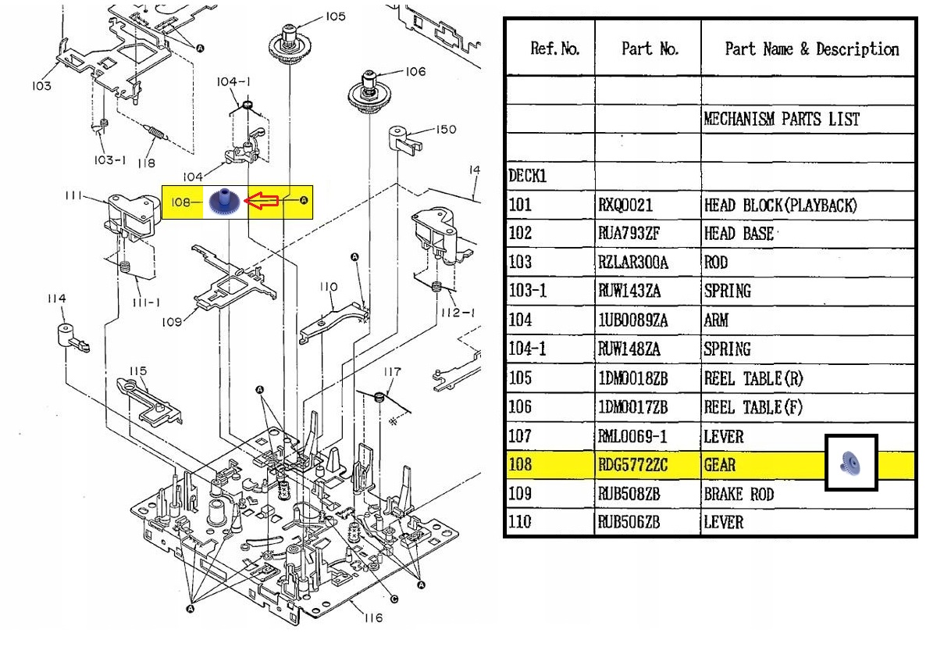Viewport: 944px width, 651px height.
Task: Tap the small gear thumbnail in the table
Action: (850, 463)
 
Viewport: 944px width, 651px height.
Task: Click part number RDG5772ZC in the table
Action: (632, 465)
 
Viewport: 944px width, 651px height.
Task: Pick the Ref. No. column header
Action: (554, 48)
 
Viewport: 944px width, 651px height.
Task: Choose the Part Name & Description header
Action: (811, 49)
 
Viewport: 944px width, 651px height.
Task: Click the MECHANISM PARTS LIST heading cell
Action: (781, 120)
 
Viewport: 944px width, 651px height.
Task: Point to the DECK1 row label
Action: (527, 176)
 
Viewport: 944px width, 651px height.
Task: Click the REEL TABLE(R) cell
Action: (753, 379)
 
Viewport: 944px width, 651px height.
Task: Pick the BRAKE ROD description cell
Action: (739, 494)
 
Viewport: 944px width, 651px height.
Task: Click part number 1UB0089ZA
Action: (632, 320)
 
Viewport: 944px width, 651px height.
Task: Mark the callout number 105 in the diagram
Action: (335, 16)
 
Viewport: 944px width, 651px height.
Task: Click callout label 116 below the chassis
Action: (373, 617)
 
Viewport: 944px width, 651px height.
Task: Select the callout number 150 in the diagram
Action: (446, 130)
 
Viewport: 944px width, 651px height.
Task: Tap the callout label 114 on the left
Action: (56, 299)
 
